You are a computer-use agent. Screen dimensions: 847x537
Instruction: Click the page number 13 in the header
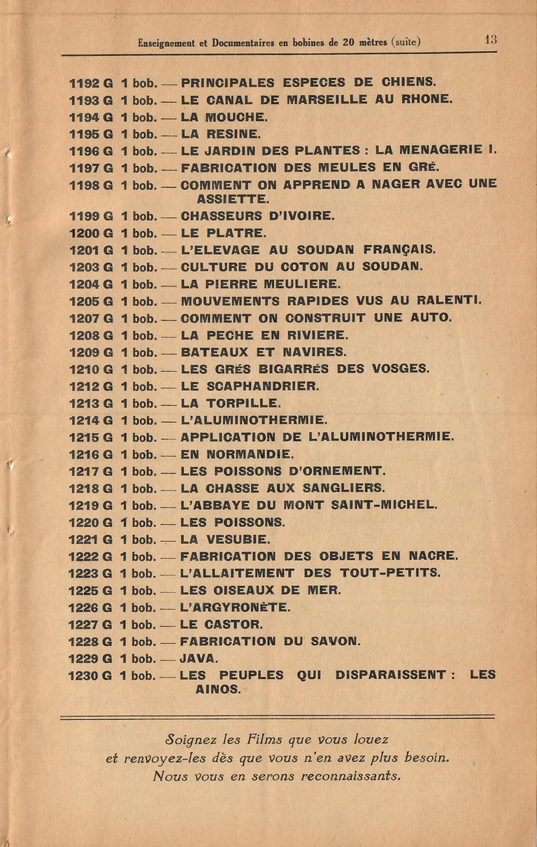click(491, 41)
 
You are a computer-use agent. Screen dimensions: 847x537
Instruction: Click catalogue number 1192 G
click(90, 83)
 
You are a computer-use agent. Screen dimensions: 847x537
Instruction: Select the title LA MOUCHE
click(214, 117)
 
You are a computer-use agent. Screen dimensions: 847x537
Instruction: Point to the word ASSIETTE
click(233, 199)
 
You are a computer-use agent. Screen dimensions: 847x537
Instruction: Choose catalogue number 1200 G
click(90, 233)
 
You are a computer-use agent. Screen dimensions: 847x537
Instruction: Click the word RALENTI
click(449, 301)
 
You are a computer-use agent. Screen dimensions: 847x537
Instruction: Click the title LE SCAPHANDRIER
click(250, 386)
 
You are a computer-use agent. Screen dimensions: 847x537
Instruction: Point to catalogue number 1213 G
click(90, 403)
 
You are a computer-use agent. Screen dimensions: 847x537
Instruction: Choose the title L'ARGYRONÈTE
click(235, 607)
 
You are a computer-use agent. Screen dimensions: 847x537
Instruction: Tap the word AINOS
click(217, 689)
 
